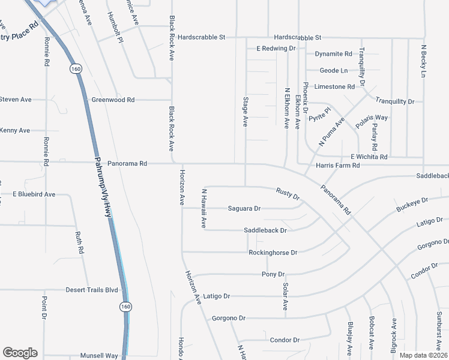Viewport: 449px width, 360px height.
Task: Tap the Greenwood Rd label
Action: pyautogui.click(x=113, y=100)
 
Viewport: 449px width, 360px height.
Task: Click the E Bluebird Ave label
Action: pyautogui.click(x=34, y=194)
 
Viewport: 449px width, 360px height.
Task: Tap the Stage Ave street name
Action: pyautogui.click(x=245, y=111)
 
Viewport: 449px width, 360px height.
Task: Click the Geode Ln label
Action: pyautogui.click(x=334, y=70)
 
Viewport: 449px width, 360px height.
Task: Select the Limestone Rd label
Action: pyautogui.click(x=334, y=86)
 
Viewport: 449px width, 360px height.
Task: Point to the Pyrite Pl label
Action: pyautogui.click(x=320, y=114)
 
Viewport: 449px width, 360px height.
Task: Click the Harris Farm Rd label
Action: pyautogui.click(x=337, y=165)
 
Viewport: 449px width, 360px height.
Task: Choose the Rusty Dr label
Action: pyautogui.click(x=288, y=193)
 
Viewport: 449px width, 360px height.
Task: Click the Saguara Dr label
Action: pyautogui.click(x=244, y=209)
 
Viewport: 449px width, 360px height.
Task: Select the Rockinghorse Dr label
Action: pyautogui.click(x=273, y=253)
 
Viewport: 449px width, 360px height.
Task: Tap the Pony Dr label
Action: pyautogui.click(x=273, y=274)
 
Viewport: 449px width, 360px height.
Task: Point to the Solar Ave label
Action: pyautogui.click(x=286, y=297)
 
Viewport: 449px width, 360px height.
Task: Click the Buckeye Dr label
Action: pyautogui.click(x=412, y=205)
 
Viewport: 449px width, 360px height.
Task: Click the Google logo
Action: pyautogui.click(x=20, y=353)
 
